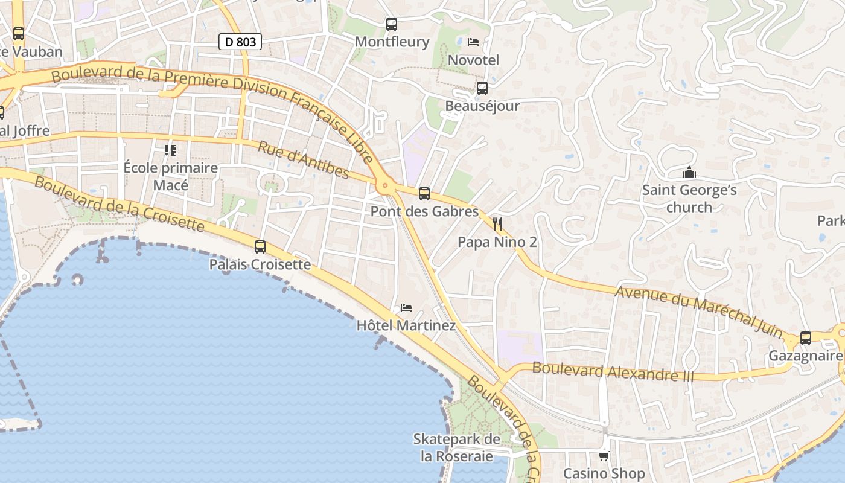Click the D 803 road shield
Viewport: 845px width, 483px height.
click(240, 42)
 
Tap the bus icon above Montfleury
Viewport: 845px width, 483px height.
click(392, 24)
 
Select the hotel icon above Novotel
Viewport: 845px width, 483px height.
click(473, 42)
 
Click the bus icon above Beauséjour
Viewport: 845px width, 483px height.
click(482, 88)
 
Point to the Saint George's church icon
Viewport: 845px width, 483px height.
click(689, 173)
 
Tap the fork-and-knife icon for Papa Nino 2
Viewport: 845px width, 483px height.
click(497, 224)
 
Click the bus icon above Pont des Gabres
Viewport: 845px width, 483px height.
click(424, 194)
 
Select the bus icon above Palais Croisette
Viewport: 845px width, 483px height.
click(260, 246)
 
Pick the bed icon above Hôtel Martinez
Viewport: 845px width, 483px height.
click(406, 308)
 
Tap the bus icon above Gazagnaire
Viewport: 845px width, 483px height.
click(805, 338)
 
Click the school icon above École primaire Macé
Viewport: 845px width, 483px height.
click(170, 150)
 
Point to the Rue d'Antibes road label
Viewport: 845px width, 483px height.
click(304, 160)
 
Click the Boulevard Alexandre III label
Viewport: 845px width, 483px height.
click(613, 372)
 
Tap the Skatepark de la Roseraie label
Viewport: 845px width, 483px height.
click(457, 447)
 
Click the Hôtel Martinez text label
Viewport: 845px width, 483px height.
click(406, 325)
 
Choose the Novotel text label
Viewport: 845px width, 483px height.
click(473, 60)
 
